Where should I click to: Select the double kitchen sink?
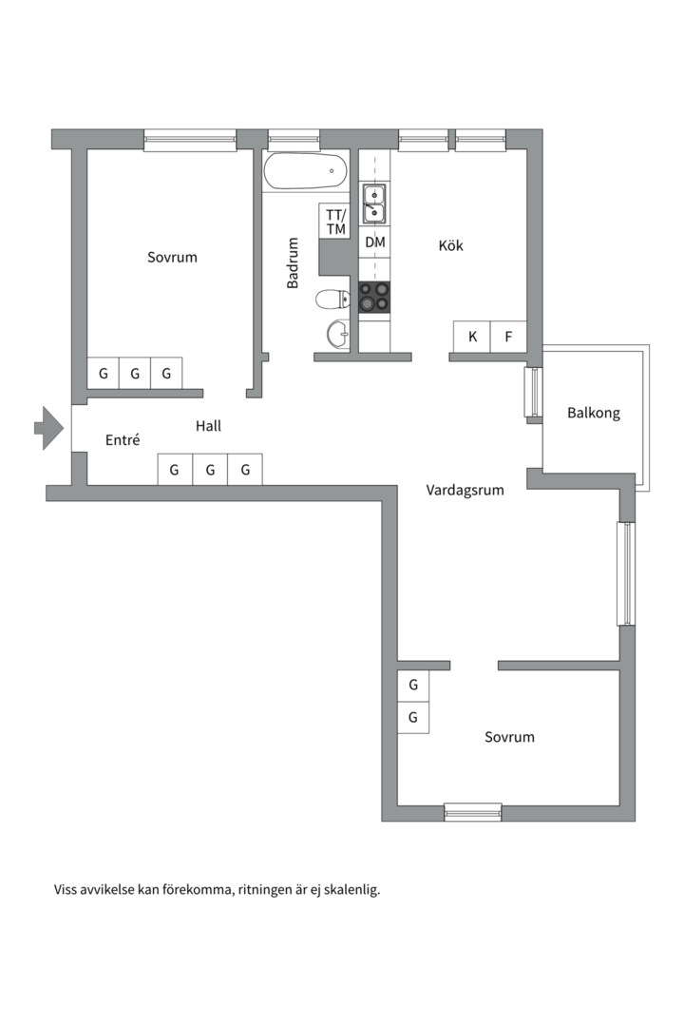(374, 204)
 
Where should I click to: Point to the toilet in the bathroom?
(332, 300)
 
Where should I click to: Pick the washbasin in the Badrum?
(339, 334)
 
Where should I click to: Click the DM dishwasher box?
(375, 242)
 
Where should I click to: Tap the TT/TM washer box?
(335, 222)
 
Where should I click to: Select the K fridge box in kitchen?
(472, 338)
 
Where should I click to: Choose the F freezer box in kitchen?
(508, 338)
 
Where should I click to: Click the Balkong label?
(594, 414)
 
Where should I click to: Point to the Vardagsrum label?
(465, 490)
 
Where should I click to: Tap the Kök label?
(451, 245)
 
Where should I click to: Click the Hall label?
(208, 426)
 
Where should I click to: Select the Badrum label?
(293, 263)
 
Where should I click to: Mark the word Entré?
(123, 440)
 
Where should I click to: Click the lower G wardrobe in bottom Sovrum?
(413, 718)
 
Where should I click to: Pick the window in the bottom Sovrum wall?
(472, 812)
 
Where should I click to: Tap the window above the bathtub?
(294, 140)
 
